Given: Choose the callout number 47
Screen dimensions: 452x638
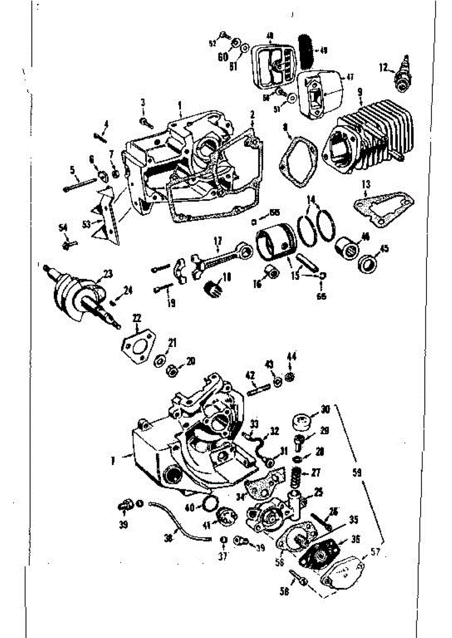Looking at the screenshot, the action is pyautogui.click(x=350, y=77).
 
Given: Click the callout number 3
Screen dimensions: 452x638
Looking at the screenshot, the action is pyautogui.click(x=143, y=102).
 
